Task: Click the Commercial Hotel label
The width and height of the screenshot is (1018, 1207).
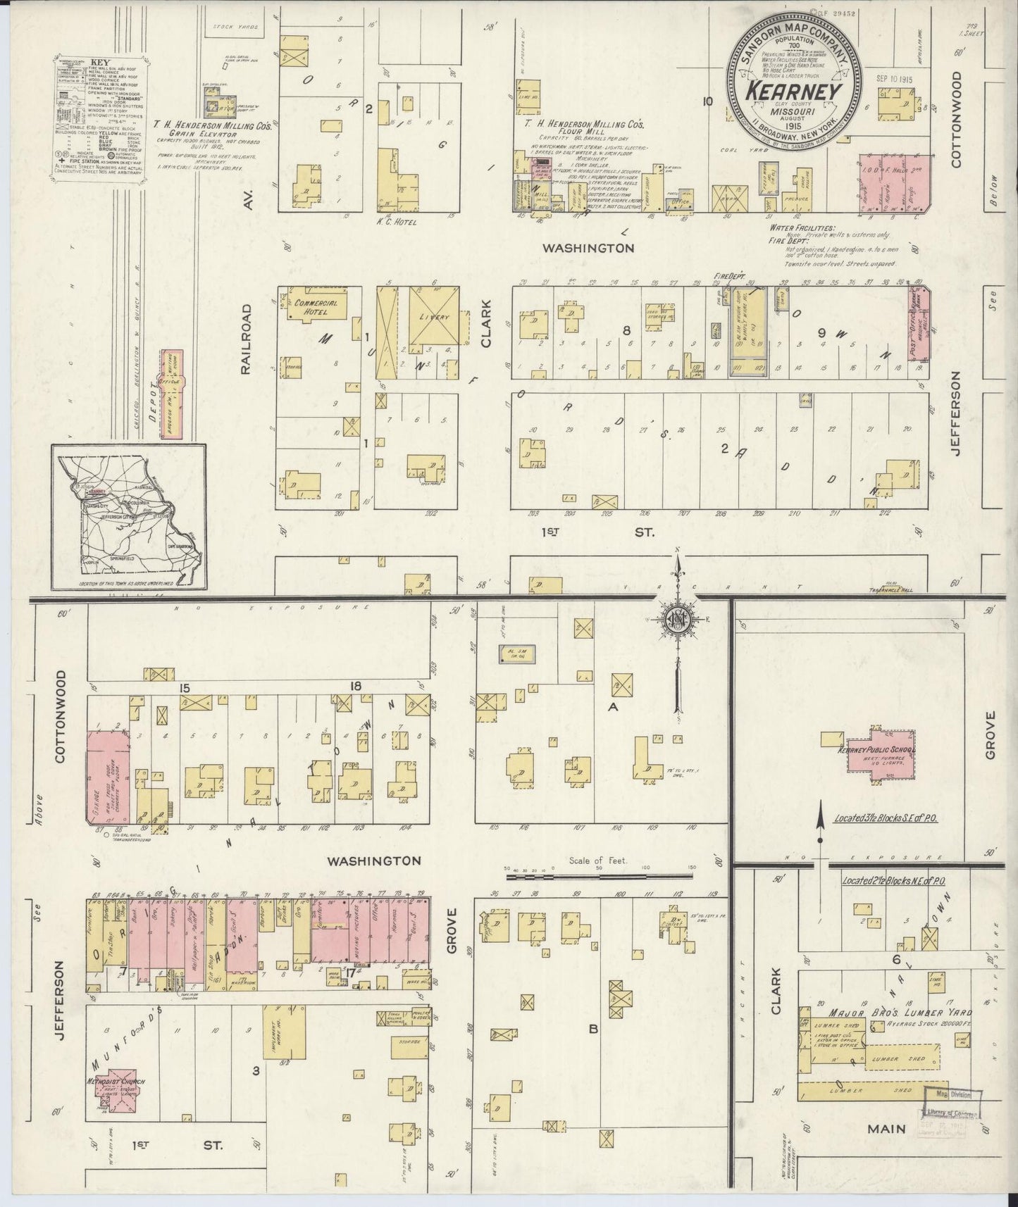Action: coord(311,307)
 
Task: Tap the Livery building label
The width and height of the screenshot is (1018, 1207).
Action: coord(435,318)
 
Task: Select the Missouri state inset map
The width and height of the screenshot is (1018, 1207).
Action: coord(128,517)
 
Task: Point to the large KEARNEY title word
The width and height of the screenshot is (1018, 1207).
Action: coord(794,92)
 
